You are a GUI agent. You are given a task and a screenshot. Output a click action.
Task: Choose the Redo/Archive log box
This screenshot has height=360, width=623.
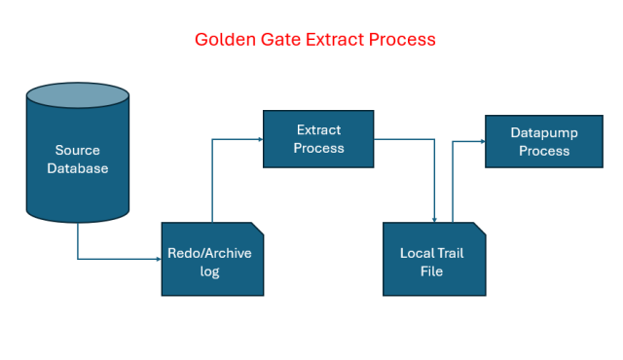pos(211,259)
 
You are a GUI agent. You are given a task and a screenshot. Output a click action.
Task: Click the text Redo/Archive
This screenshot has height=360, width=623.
pos(210,253)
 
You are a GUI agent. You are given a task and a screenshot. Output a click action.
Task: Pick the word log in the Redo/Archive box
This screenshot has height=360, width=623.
pos(210,271)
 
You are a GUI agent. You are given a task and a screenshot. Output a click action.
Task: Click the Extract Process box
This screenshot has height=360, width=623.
pos(318,139)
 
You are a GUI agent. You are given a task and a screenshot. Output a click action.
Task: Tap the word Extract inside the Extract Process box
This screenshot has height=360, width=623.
pos(318,129)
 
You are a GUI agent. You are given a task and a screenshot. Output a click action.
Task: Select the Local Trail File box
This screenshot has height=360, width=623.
pos(431,259)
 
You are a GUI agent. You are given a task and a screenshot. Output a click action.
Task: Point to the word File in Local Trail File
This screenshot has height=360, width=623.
pos(431,271)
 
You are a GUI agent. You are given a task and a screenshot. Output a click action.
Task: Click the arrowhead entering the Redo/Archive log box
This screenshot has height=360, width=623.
pos(158,259)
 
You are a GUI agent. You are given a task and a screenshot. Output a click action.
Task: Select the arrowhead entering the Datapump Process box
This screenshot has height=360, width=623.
pos(481,141)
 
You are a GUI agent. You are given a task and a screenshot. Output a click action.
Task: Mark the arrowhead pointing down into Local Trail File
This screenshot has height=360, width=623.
pos(434,220)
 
